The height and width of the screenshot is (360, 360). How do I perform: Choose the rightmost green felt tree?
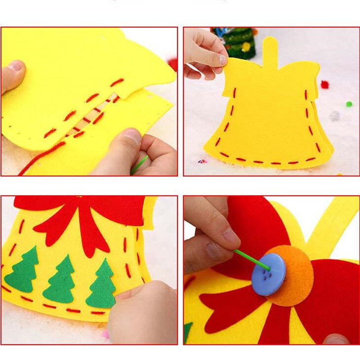[x=101, y=283]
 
